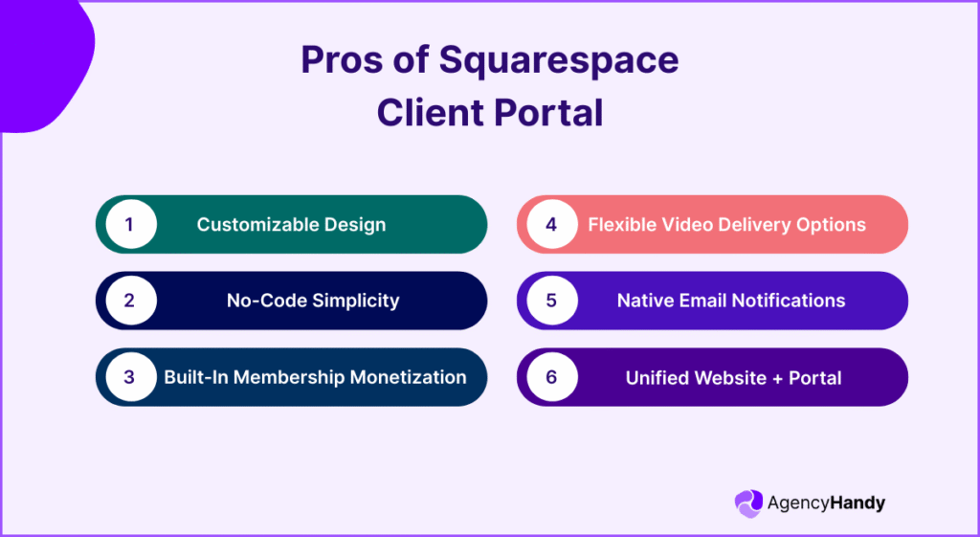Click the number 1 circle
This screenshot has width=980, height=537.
[129, 225]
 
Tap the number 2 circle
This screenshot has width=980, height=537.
[129, 301]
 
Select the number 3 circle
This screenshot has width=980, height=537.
[129, 377]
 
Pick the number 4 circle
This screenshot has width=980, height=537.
[551, 225]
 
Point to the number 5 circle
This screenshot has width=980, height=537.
[551, 301]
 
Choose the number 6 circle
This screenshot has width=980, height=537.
[551, 377]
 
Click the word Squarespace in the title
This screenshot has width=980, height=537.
[559, 60]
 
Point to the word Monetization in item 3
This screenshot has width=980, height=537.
[409, 377]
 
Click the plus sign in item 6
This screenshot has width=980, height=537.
[744, 377]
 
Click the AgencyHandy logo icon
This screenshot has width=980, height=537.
[748, 503]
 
